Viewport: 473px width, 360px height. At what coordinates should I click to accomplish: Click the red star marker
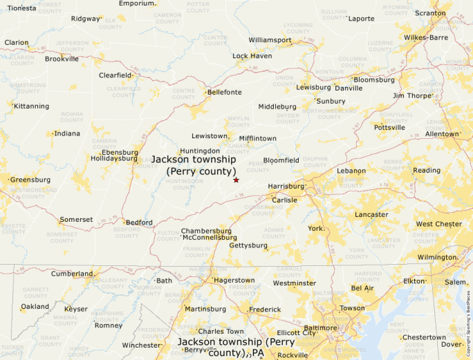236,180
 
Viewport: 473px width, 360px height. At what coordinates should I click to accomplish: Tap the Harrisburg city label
286,187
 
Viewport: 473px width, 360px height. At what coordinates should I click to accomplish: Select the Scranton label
430,13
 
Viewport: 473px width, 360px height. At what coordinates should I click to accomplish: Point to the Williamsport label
270,40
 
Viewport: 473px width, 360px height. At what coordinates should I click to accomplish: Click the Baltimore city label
319,328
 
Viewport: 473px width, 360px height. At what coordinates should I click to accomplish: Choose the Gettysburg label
248,245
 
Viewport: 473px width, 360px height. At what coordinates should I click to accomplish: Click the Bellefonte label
225,92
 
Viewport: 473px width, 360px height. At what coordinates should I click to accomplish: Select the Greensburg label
30,180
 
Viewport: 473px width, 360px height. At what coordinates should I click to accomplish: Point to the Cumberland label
71,274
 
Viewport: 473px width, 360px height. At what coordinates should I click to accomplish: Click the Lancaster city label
371,215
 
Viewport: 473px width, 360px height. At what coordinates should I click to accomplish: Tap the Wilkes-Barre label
426,37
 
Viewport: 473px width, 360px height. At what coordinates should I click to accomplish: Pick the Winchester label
141,345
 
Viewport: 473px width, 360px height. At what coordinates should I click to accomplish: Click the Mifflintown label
258,138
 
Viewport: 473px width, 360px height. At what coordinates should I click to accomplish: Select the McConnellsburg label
210,237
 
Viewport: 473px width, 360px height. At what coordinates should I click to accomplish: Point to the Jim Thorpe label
412,95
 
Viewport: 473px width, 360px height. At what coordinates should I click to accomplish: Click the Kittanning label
32,106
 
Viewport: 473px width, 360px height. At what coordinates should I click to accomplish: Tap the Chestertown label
424,337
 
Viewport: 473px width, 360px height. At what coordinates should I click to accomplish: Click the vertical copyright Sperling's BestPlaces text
468,318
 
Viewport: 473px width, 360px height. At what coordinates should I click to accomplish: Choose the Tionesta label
21,8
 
